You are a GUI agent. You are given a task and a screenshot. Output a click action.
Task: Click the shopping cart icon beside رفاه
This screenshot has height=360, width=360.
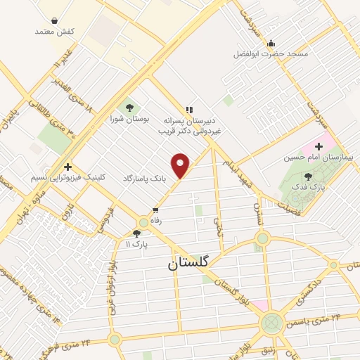[x=155, y=210]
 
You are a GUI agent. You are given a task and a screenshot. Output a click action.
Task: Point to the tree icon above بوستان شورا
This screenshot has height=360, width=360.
[x=129, y=107]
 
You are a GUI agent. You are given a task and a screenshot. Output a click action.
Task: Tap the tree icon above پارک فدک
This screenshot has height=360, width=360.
[x=309, y=176]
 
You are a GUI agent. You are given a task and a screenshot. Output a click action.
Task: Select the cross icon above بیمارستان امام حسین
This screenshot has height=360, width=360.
[x=329, y=145]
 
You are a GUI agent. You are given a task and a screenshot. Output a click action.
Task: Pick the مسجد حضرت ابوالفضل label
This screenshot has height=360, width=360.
[x=271, y=54]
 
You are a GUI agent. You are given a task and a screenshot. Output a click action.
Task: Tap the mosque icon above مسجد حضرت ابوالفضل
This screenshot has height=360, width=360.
[x=271, y=42]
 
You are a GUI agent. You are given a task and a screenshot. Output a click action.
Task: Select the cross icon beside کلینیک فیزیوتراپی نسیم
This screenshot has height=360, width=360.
[x=67, y=167]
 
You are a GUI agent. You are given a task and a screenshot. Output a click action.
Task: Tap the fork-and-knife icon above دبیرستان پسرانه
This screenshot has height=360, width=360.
[x=188, y=109]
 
